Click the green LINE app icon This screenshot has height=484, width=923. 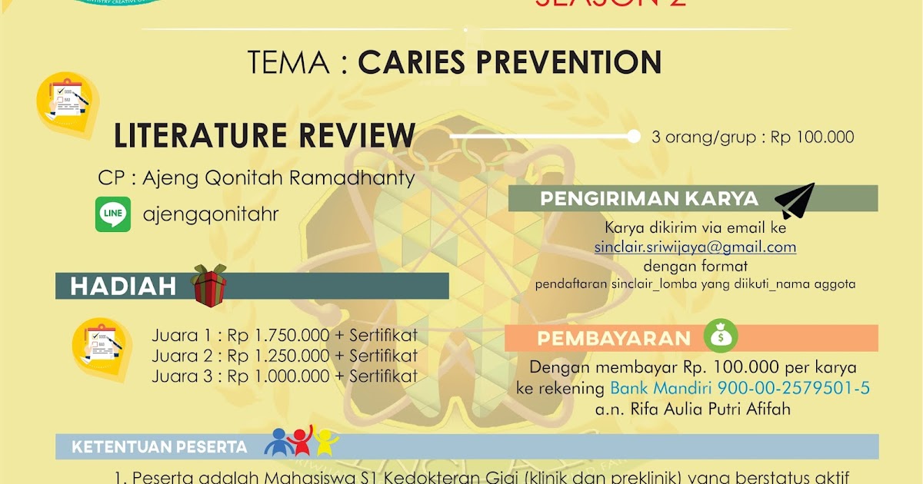[x=112, y=214]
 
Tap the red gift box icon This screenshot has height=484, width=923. [x=209, y=286]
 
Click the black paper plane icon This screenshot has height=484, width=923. [x=794, y=201]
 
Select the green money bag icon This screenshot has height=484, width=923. [x=721, y=336]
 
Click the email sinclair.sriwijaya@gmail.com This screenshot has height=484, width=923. [x=695, y=247]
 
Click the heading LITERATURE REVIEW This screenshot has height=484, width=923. [x=265, y=135]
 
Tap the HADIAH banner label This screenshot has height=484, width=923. [x=123, y=287]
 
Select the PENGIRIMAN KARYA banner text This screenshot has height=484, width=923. [x=649, y=199]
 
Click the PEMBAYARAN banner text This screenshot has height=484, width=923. [x=614, y=339]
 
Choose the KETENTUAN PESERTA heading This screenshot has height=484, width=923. [x=159, y=447]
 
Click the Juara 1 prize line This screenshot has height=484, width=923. [x=285, y=336]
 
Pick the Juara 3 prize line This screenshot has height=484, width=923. [x=285, y=376]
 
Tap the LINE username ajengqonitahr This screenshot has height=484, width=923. [x=211, y=214]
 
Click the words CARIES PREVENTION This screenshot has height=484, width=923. [x=509, y=63]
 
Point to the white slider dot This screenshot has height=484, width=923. [x=634, y=137]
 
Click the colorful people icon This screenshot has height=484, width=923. [x=302, y=441]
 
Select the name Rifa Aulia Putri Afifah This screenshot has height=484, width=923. [x=692, y=409]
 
